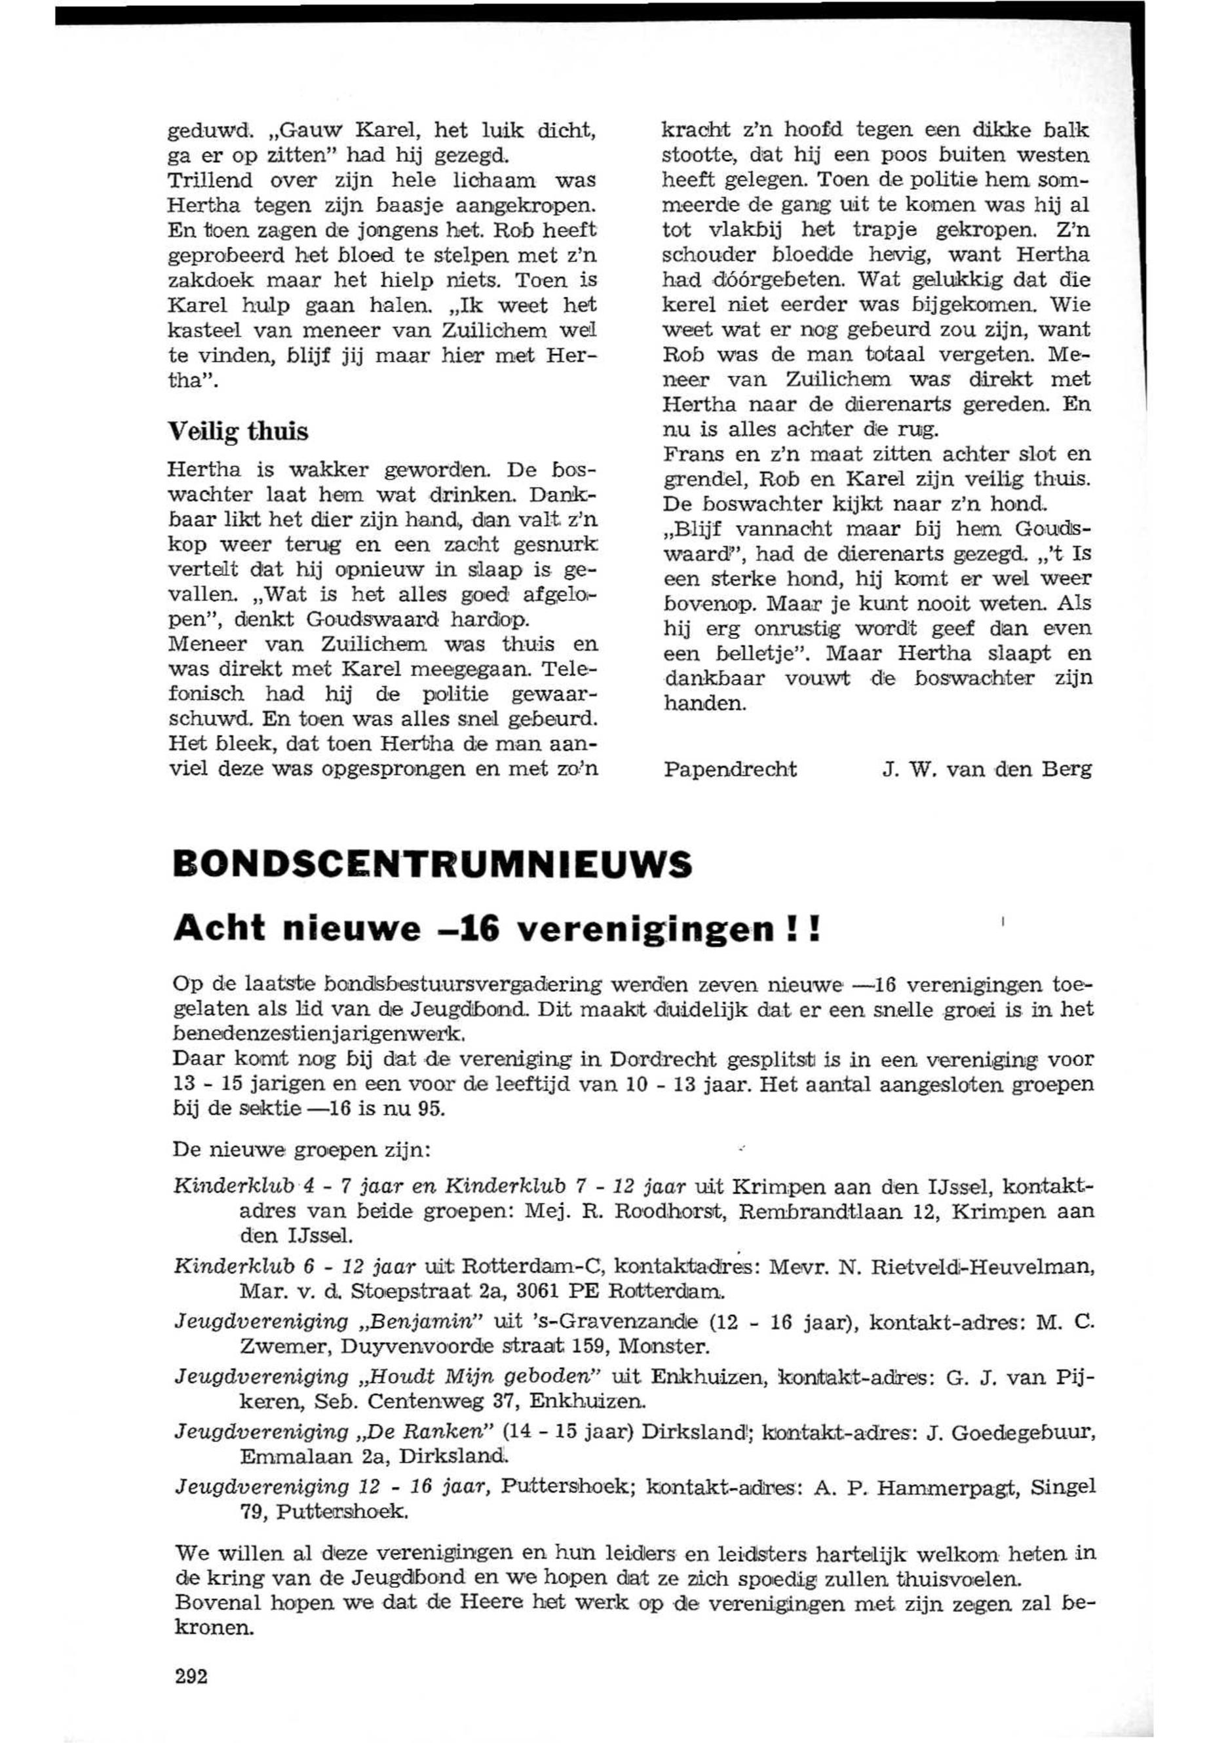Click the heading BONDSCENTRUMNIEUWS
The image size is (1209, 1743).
coord(432,864)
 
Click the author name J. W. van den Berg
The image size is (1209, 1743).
coord(987,770)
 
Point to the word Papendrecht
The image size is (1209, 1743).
coord(729,770)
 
